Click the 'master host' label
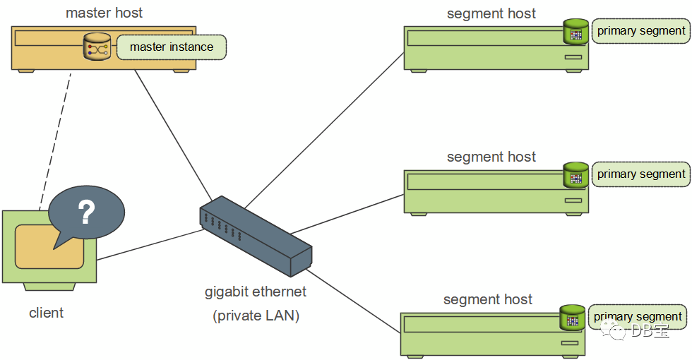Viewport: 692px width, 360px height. coord(105,13)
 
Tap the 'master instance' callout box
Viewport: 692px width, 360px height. coord(171,47)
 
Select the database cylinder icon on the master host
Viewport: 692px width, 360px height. coord(97,47)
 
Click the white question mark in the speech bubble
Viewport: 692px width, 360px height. coord(86,212)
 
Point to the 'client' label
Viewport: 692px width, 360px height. coord(47,313)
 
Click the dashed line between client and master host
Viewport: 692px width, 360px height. coord(55,140)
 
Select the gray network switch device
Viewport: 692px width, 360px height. coord(256,236)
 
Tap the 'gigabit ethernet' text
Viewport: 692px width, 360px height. coord(256,292)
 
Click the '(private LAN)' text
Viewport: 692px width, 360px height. coord(256,316)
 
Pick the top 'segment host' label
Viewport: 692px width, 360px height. coord(491,13)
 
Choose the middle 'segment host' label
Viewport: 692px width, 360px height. coord(491,157)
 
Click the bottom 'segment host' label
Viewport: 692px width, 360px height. coord(488,299)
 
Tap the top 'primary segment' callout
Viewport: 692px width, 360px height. coord(641,31)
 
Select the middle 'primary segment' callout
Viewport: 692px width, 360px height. coord(641,174)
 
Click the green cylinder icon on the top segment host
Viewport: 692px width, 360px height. coord(576,32)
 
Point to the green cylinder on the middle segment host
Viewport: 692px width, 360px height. coord(576,175)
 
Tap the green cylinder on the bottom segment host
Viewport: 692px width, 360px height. coord(573,318)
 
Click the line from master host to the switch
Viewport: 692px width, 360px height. coord(174,135)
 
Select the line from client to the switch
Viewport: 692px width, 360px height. coord(150,244)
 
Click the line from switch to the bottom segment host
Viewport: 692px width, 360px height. coord(353,301)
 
